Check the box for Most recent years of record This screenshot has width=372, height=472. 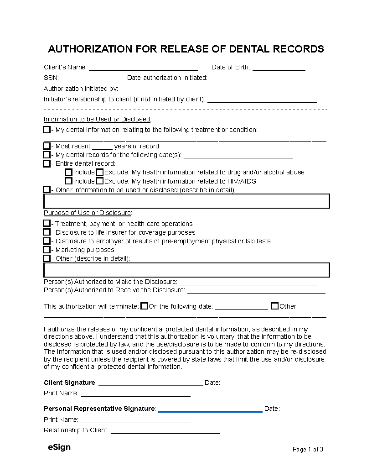46,146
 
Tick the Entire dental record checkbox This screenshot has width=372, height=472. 46,163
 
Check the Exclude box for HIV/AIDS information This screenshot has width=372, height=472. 100,181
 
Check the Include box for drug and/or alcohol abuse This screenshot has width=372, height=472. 68,172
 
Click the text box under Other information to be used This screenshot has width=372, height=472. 186,201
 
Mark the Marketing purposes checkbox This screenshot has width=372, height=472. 46,250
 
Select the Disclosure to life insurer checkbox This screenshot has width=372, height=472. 46,232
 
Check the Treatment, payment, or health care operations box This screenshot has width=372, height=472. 46,224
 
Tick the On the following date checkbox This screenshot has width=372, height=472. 144,306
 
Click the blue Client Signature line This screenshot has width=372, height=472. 150,385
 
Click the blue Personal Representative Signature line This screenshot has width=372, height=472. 210,411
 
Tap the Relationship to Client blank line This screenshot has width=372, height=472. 165,432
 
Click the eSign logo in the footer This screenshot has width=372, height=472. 59,447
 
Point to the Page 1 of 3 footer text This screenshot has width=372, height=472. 308,449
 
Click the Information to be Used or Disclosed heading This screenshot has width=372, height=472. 97,119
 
